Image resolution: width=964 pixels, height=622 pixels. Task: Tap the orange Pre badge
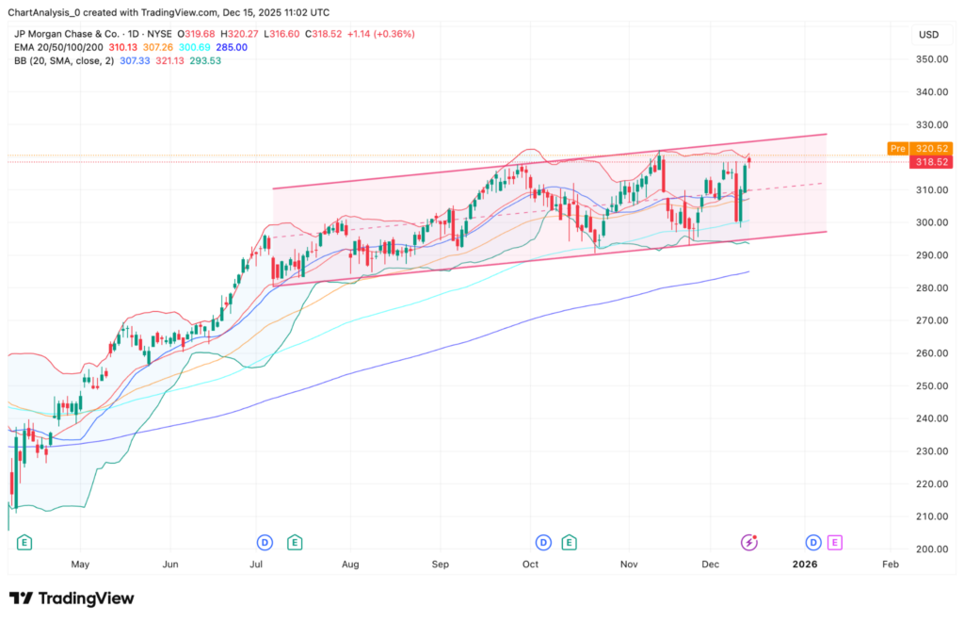click(897, 148)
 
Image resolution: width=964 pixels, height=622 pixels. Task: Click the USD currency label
click(929, 35)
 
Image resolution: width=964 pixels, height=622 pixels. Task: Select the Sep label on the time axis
click(441, 565)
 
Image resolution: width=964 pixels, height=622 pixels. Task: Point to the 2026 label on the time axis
click(805, 565)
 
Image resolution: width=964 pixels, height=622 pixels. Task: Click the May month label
click(80, 565)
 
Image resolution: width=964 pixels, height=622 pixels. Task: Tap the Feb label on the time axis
click(890, 565)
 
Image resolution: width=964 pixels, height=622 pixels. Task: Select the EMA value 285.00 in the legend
click(231, 47)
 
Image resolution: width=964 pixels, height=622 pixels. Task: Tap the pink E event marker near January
click(834, 542)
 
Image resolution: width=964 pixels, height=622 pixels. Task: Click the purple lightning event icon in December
click(749, 542)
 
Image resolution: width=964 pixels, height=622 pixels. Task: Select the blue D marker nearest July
click(265, 542)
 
